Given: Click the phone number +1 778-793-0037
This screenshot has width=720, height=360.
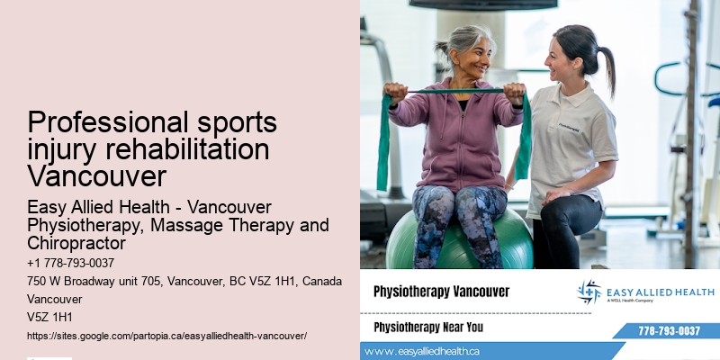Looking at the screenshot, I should pyautogui.click(x=71, y=263).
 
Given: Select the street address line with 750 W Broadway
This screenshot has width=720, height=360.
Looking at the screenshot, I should pyautogui.click(x=184, y=282).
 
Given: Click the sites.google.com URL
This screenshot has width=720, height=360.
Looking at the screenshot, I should pyautogui.click(x=167, y=335).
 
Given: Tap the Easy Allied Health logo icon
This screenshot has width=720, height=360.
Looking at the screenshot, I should pyautogui.click(x=589, y=292).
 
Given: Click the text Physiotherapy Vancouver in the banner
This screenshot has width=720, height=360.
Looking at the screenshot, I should pyautogui.click(x=441, y=292).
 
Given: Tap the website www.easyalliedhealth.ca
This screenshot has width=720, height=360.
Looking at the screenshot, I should pyautogui.click(x=422, y=351).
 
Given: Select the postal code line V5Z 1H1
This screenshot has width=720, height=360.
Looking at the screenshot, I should pyautogui.click(x=49, y=317).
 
